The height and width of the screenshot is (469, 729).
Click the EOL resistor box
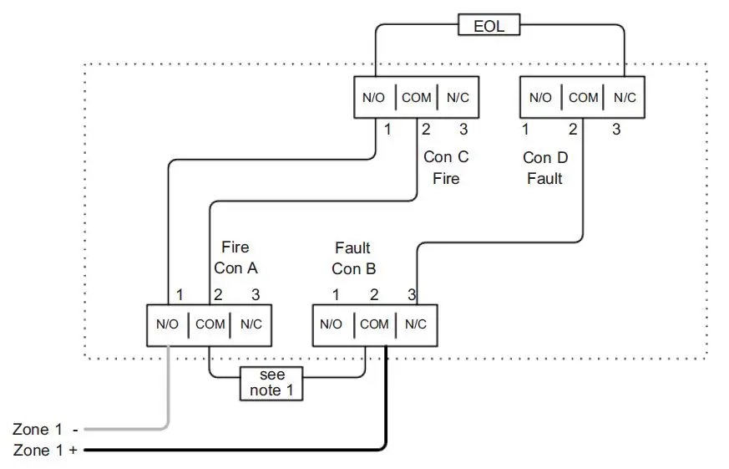click(489, 26)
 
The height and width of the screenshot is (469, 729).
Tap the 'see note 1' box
click(271, 383)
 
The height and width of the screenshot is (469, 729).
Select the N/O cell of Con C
click(373, 98)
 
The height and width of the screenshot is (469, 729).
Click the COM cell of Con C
click(417, 98)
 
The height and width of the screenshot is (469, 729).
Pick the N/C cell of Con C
click(458, 98)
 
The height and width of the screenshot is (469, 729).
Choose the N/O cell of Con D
click(540, 98)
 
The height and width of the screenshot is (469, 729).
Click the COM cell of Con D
click(583, 98)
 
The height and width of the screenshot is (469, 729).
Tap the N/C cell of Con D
click(625, 98)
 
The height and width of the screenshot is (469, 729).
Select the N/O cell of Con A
click(168, 324)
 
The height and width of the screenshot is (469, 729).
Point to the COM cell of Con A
click(210, 324)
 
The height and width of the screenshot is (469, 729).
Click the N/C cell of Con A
click(251, 324)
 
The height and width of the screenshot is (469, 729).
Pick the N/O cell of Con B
click(332, 324)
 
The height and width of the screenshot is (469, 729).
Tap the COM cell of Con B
click(374, 324)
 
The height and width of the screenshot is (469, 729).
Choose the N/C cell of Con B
click(415, 324)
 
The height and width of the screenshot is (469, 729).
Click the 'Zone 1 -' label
click(46, 430)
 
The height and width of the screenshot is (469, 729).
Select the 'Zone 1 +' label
click(46, 451)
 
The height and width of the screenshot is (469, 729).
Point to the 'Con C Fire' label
click(446, 167)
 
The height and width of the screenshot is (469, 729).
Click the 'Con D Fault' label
click(544, 167)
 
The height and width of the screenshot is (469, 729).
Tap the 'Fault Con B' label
click(352, 258)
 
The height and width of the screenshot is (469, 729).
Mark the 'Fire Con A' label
click(235, 257)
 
